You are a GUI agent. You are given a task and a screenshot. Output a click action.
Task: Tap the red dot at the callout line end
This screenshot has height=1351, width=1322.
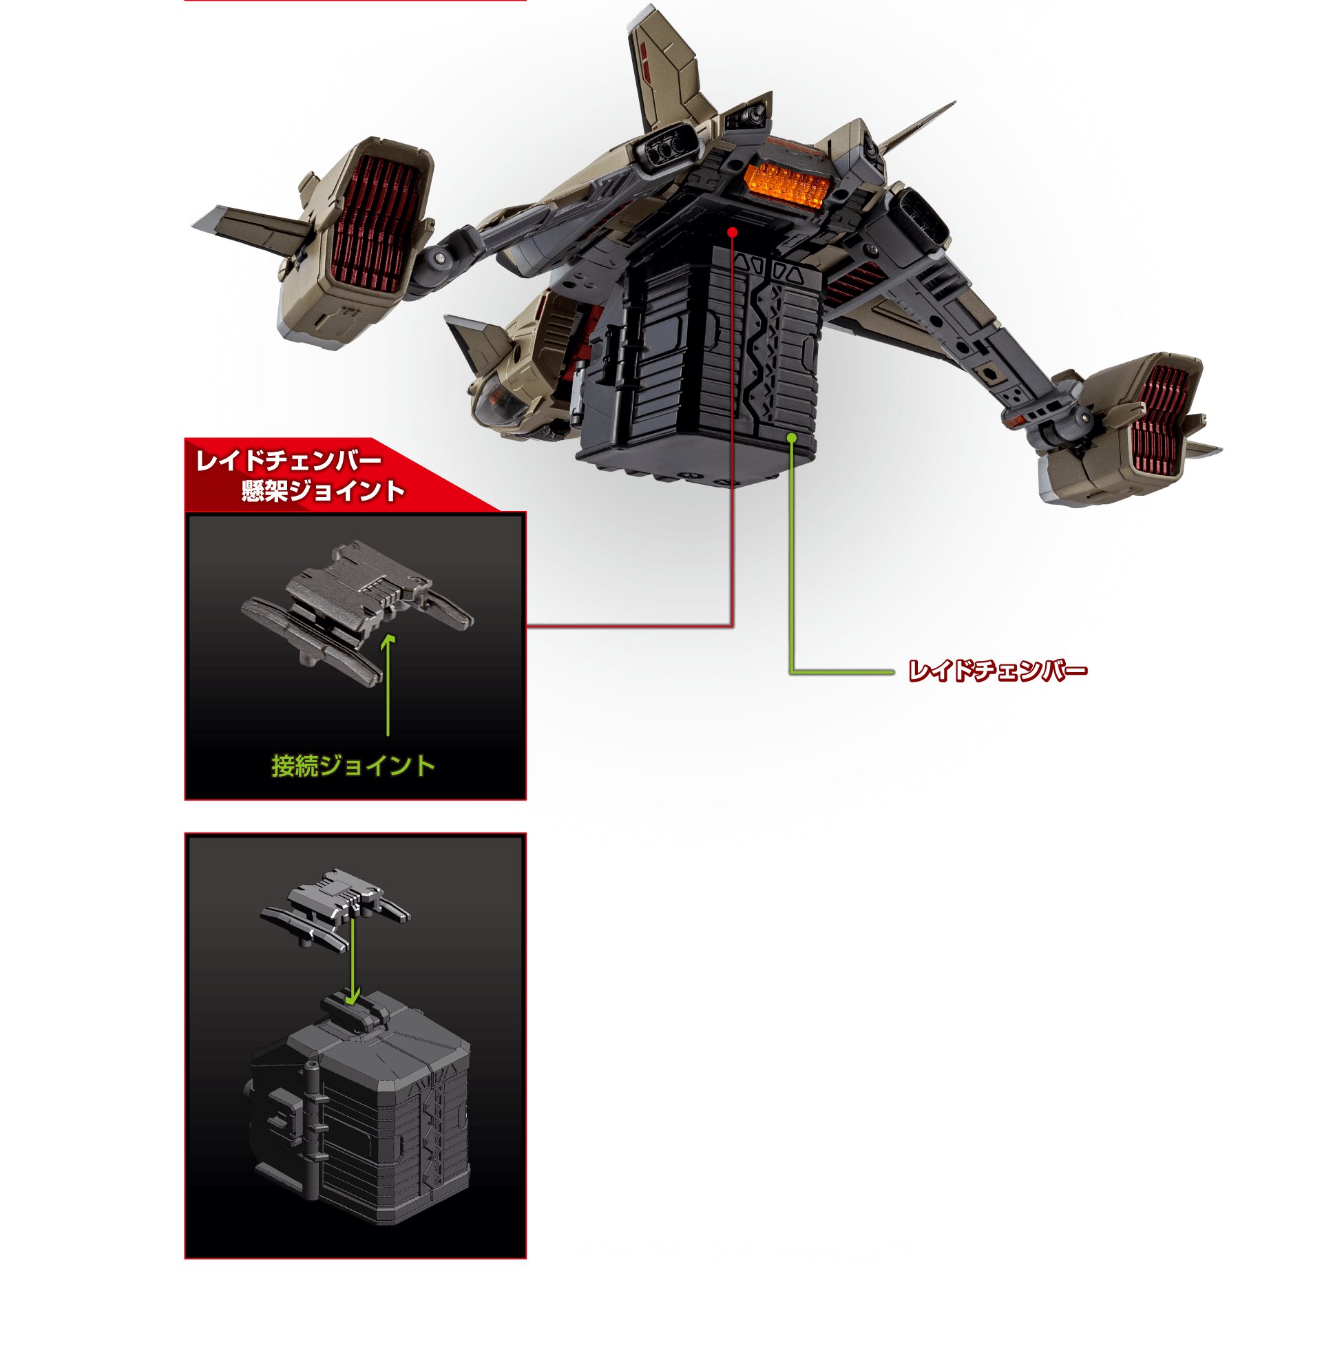click(732, 233)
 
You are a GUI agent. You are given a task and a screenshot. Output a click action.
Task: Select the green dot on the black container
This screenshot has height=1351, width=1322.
click(791, 438)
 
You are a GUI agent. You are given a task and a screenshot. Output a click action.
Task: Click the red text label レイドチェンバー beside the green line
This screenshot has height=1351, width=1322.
click(998, 671)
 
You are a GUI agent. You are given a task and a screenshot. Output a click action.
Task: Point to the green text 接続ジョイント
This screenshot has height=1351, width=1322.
click(353, 766)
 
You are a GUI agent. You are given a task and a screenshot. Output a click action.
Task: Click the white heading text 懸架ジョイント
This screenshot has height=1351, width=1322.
click(323, 491)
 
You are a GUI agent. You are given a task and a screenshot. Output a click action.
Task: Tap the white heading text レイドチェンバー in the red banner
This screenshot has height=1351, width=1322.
click(288, 460)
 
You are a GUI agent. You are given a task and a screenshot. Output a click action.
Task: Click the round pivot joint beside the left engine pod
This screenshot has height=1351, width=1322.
click(439, 258)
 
